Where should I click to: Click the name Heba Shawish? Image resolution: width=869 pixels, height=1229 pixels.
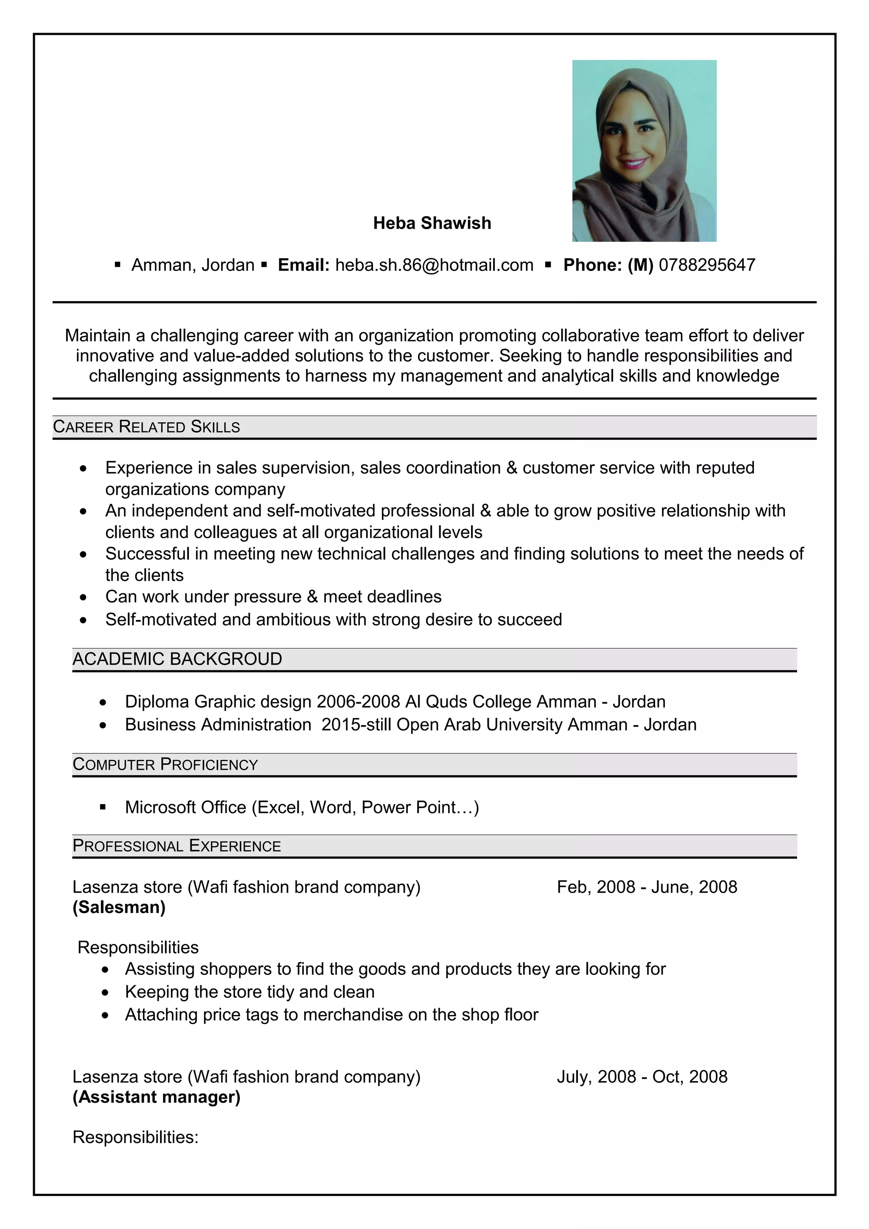[432, 223]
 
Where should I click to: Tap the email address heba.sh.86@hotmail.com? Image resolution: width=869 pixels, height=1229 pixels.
[434, 265]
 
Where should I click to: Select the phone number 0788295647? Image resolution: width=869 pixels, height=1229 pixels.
[707, 265]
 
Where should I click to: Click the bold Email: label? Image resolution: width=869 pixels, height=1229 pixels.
[303, 265]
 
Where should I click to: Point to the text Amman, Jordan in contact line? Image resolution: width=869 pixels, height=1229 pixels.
[193, 265]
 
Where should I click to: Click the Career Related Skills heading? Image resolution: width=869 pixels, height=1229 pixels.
[146, 427]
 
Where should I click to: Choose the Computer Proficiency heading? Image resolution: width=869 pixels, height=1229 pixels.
[165, 764]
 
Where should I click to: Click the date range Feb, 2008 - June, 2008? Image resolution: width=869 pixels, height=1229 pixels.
[647, 887]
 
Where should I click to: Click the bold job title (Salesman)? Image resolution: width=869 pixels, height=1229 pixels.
[119, 907]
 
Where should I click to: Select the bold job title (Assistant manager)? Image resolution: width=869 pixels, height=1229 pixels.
[156, 1097]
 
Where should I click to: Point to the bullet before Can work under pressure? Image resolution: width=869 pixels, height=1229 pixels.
[83, 597]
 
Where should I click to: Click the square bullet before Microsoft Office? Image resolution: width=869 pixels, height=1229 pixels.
[103, 806]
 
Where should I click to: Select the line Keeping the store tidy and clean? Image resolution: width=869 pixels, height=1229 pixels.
[249, 992]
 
